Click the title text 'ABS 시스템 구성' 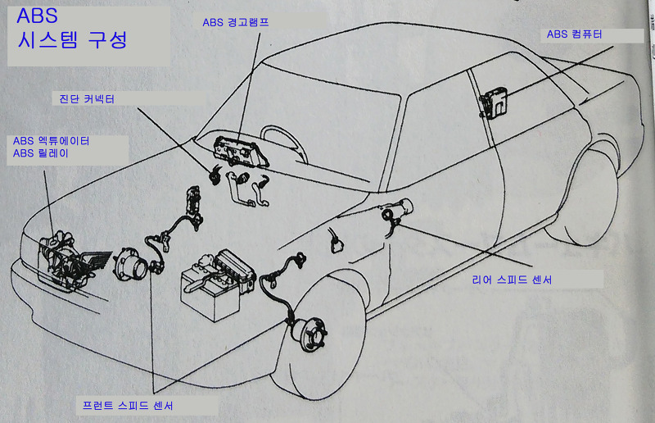[72, 29]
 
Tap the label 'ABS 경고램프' [236, 22]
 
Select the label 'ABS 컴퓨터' [575, 34]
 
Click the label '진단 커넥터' [87, 98]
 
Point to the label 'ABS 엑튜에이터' [51, 141]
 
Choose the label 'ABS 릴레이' [40, 153]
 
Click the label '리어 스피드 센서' [513, 280]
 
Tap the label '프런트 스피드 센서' [128, 406]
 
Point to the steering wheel [283, 144]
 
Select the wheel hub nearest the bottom [309, 334]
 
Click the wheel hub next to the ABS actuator [131, 265]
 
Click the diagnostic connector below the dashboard [215, 175]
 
